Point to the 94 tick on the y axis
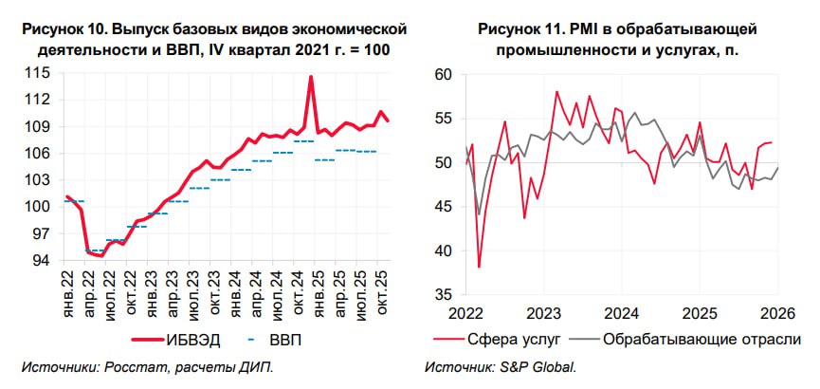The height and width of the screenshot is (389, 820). [x=38, y=260]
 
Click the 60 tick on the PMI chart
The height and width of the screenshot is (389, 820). [x=444, y=73]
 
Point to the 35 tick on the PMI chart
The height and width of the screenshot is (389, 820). [x=444, y=295]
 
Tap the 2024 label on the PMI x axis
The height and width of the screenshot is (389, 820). [x=622, y=314]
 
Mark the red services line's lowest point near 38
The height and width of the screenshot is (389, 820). [x=479, y=267]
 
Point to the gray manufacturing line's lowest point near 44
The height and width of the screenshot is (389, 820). [x=480, y=214]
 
